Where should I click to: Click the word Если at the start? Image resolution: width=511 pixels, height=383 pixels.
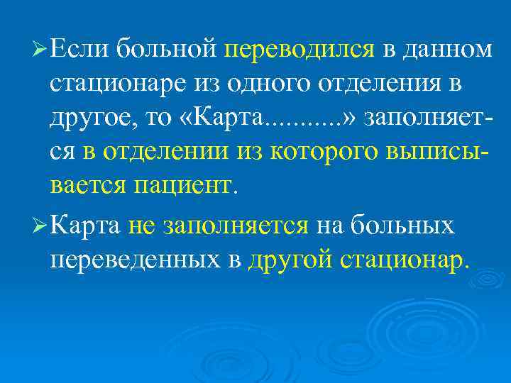tap(79, 50)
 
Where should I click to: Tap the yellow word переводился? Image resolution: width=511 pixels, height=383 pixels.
tap(300, 50)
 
